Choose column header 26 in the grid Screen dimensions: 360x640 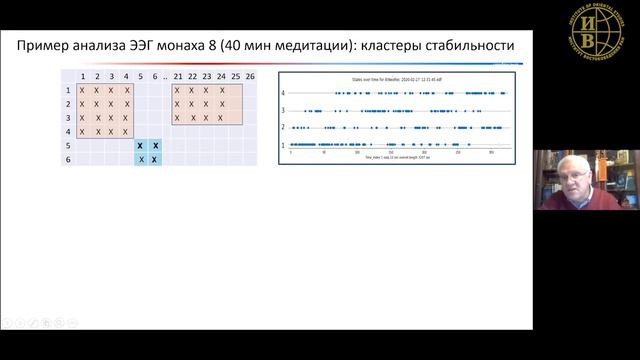(x=249, y=77)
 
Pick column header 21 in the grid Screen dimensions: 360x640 (x=178, y=77)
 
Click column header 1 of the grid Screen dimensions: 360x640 (x=83, y=77)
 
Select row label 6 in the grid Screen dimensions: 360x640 (x=68, y=159)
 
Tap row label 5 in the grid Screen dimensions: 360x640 (x=68, y=145)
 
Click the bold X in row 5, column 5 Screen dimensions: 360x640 (x=141, y=145)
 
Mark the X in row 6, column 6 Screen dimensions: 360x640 (x=155, y=159)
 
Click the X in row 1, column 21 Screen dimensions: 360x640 (x=178, y=90)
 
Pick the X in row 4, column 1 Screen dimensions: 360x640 (x=83, y=131)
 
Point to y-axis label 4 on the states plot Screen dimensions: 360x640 (x=284, y=92)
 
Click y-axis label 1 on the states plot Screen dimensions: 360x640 (x=284, y=145)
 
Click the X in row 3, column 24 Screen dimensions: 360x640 (x=221, y=117)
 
